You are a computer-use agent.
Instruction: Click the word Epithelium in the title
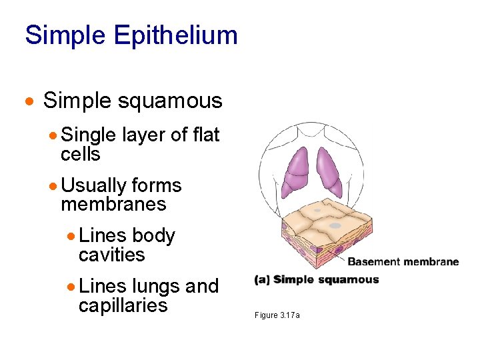(175, 35)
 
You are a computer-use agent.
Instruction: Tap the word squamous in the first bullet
(170, 101)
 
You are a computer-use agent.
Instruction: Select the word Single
(89, 135)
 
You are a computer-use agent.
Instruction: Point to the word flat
(206, 135)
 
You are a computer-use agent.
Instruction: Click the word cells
(80, 154)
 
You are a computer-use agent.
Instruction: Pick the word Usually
(93, 185)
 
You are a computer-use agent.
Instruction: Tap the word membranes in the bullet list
(113, 204)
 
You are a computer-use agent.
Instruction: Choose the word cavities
(111, 255)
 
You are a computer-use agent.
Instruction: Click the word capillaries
(123, 305)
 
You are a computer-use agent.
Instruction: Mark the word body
(153, 236)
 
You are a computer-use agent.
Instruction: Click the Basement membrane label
(403, 262)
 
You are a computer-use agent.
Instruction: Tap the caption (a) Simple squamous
(317, 280)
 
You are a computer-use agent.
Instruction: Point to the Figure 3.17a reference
(277, 315)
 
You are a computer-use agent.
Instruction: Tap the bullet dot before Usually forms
(53, 186)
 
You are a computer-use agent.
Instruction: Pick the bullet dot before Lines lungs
(71, 287)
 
